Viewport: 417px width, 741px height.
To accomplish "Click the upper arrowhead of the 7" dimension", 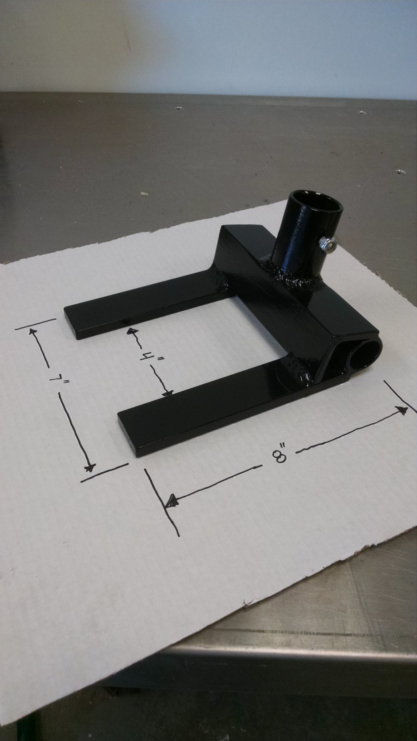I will point(34,332).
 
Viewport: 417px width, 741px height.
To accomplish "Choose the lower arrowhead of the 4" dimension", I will point(168,393).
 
